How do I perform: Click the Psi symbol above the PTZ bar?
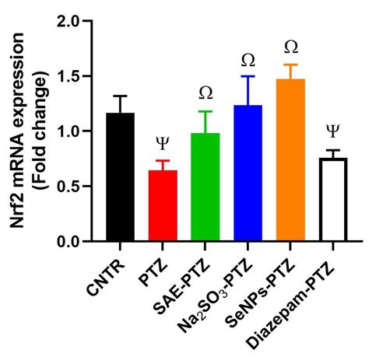point(163,142)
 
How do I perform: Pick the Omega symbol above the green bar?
point(206,93)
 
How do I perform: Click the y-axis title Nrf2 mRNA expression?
point(19,132)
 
